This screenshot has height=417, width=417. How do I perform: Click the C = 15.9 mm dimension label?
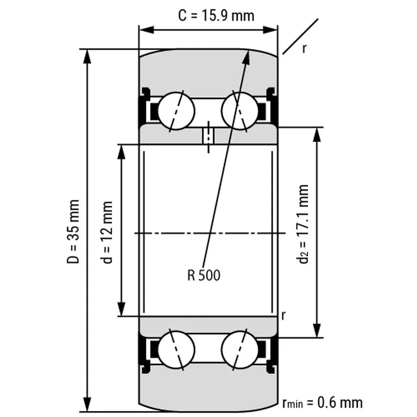(216, 15)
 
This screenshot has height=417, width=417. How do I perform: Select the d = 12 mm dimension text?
(107, 232)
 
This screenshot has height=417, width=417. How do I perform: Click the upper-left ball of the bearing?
(176, 111)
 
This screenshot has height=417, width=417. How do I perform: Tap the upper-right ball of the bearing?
(240, 111)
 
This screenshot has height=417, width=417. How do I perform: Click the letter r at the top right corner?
(304, 48)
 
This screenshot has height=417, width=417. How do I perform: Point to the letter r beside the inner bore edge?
(283, 316)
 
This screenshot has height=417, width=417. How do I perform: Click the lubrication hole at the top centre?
(208, 136)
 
